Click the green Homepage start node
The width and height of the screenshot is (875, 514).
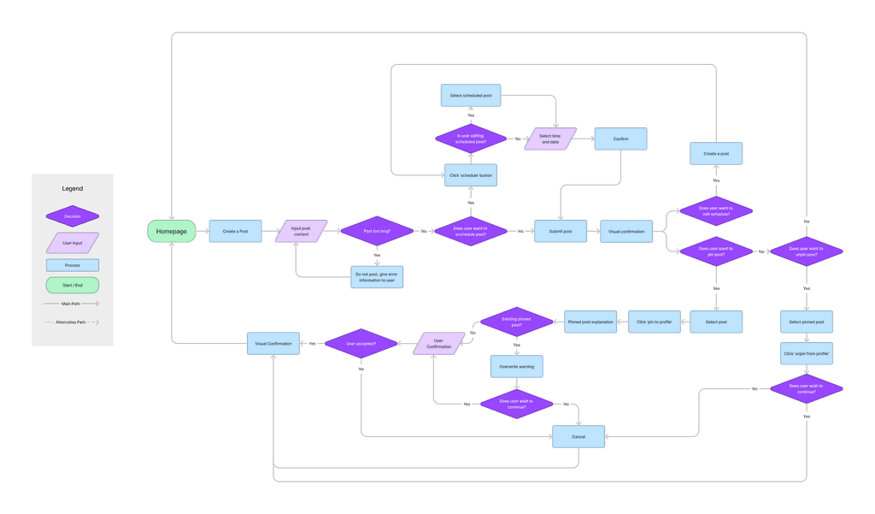point(171,231)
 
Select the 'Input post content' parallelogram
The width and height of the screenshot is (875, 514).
point(301,231)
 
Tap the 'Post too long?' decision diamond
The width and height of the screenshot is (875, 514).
point(377,231)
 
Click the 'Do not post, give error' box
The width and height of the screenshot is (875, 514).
point(377,276)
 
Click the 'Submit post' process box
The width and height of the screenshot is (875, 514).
point(561,231)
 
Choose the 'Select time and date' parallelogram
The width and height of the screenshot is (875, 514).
point(550,139)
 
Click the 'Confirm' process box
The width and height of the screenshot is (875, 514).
point(620,139)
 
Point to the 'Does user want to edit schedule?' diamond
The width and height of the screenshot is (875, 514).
point(715,210)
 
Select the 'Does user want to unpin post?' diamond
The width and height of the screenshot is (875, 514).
point(807,251)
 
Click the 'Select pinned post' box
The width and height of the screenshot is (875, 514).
point(807,322)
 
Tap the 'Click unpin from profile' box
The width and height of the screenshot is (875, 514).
point(807,353)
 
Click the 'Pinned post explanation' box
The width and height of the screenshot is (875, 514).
point(590,322)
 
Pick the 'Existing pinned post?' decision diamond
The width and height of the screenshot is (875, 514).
point(517,322)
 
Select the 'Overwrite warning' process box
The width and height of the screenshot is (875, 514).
point(517,366)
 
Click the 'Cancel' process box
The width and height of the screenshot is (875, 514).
point(578,436)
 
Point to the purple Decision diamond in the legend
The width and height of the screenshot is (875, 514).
point(72,216)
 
